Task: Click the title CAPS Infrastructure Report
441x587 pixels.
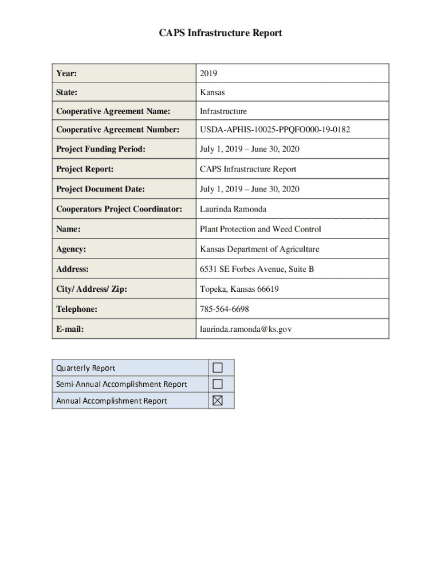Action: pos(220,33)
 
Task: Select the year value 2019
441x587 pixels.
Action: pos(208,73)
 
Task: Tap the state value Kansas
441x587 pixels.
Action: pos(212,92)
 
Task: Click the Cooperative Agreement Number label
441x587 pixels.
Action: pos(117,130)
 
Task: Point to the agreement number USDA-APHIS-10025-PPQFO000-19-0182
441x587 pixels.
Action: pos(275,130)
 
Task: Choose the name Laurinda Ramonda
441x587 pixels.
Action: pos(233,209)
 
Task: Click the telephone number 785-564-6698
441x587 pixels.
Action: pos(225,309)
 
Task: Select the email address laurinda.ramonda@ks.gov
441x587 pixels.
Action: pos(246,329)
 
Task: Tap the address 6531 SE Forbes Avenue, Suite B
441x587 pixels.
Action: pos(257,269)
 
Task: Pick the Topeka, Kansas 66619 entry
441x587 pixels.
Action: pos(239,289)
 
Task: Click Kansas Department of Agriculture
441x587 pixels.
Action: pos(259,249)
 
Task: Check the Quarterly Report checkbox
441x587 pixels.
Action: pos(217,368)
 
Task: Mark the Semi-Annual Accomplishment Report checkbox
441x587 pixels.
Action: pos(217,384)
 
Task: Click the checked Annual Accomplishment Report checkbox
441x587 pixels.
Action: pos(217,401)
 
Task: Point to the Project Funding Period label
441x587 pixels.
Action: pos(101,149)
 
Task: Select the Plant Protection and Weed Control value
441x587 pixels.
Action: pos(260,229)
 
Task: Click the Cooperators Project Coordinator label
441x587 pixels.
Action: pos(119,209)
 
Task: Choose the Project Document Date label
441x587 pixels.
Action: pos(100,189)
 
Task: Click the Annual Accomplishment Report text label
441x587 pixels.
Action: pos(112,401)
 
